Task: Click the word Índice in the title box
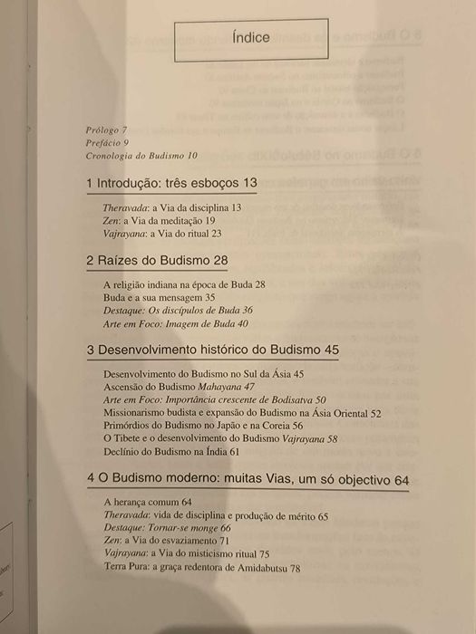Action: tap(251, 40)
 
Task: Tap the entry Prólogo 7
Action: tap(107, 130)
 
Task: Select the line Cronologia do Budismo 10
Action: tap(141, 155)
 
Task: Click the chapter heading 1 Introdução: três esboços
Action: tap(171, 184)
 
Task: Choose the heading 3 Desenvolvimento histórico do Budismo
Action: tap(212, 350)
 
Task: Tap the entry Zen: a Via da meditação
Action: tap(159, 220)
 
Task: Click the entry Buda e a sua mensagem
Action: tap(159, 297)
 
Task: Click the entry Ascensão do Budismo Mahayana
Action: tap(168, 386)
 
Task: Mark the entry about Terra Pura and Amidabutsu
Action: tap(202, 567)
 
